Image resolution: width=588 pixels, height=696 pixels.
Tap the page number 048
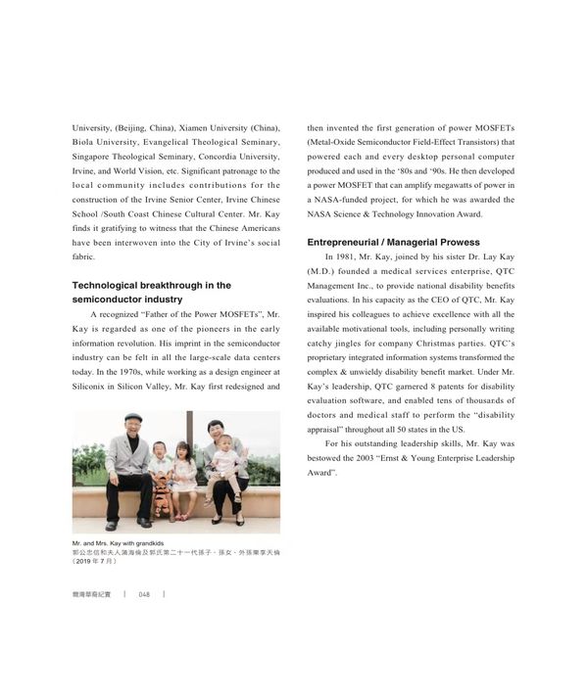(x=143, y=594)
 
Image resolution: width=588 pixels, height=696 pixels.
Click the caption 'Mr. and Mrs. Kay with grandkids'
(x=117, y=542)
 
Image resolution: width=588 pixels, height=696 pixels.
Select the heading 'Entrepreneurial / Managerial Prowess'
(x=393, y=242)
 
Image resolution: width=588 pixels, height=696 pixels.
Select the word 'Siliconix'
(x=95, y=387)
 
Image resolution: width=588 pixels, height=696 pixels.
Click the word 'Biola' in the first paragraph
(x=87, y=142)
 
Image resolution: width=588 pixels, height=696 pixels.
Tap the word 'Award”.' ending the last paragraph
(x=322, y=472)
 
